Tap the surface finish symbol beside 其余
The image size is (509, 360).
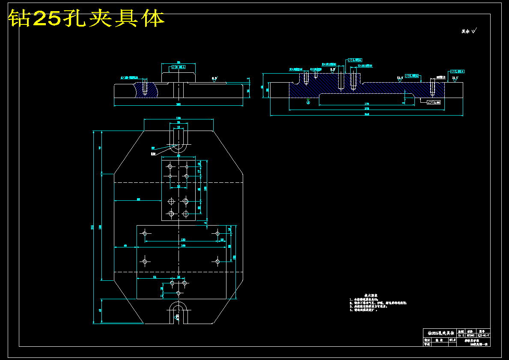point(474,30)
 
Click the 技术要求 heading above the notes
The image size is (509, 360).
point(370,295)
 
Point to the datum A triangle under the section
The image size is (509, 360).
point(308,102)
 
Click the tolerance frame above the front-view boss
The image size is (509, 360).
point(179,67)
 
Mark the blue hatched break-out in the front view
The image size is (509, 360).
point(146,89)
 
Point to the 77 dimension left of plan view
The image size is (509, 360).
point(100,148)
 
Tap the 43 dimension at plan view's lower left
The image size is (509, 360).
point(100,310)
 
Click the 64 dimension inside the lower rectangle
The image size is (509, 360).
point(155,278)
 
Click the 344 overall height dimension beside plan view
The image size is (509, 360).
point(92,227)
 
